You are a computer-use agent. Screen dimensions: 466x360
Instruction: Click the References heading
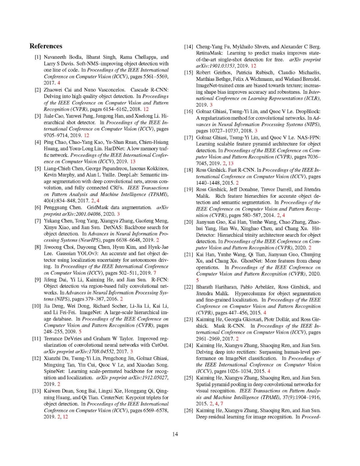tap(46, 46)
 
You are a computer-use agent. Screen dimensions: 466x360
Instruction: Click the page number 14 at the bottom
tap(175, 434)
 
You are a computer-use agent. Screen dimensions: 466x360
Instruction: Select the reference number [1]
tap(38, 57)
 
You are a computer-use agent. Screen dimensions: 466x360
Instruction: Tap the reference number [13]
tap(36, 391)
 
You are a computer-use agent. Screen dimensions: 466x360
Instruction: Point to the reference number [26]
tap(189, 410)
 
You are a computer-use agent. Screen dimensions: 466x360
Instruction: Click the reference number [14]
tap(189, 47)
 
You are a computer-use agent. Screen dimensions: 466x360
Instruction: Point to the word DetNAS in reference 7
tap(113, 227)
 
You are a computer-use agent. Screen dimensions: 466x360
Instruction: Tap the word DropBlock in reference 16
tap(308, 111)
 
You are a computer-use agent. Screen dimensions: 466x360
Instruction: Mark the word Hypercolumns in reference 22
tap(250, 293)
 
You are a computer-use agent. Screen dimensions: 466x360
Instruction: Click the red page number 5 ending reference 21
tap(197, 280)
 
